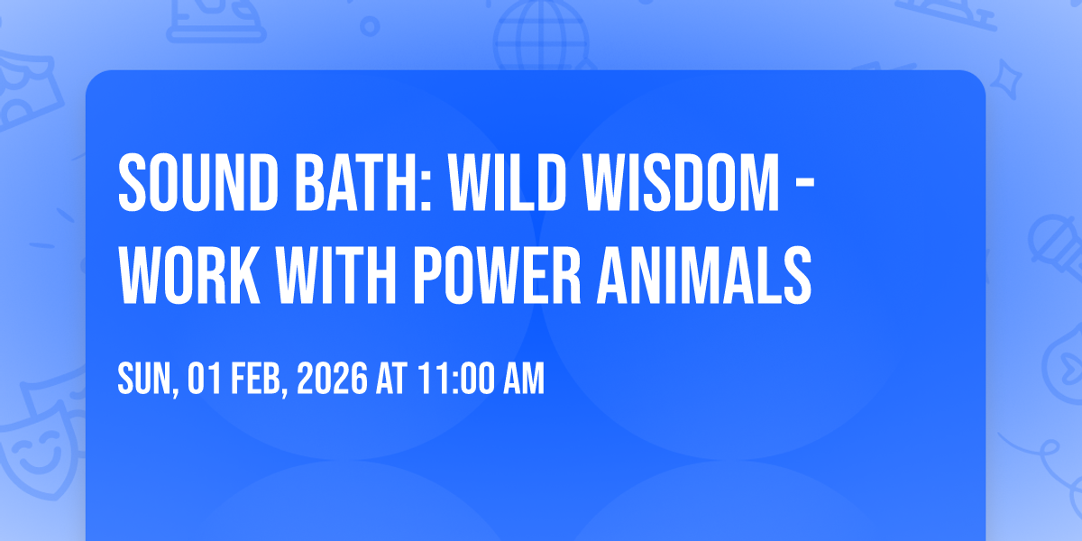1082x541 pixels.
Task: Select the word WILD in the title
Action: (x=507, y=182)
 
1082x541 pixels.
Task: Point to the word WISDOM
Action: (x=681, y=182)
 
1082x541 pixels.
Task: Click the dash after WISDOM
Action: (x=805, y=184)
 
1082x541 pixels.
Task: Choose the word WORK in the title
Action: (x=188, y=275)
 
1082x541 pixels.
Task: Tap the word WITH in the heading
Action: (x=336, y=275)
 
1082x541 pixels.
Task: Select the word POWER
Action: (x=497, y=275)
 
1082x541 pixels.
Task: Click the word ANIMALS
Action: (x=704, y=275)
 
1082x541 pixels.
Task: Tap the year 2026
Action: (x=332, y=378)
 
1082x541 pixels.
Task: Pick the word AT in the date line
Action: (x=392, y=378)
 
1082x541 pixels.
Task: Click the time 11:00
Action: (x=456, y=378)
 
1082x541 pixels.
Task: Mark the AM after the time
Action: (x=524, y=378)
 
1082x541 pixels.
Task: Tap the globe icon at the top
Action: (x=542, y=34)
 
